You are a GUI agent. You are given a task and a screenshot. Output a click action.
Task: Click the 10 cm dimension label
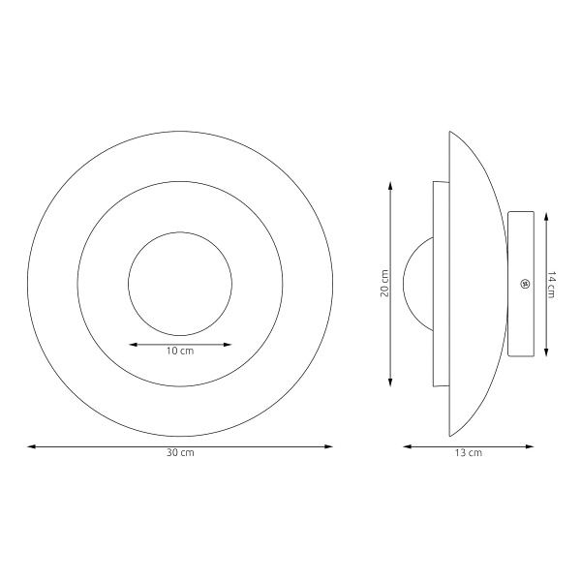click(180, 351)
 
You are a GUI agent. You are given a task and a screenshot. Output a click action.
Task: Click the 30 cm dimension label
click(180, 452)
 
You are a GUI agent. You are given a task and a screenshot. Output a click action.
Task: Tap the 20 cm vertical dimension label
click(384, 284)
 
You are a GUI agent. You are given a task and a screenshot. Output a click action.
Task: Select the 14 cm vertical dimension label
click(551, 285)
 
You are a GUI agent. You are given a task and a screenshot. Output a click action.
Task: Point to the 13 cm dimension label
click(469, 452)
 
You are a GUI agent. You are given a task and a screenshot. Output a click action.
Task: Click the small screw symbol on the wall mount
click(525, 284)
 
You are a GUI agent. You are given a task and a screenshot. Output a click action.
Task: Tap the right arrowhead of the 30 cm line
click(328, 446)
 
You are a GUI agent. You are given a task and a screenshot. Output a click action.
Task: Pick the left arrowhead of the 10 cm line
click(133, 345)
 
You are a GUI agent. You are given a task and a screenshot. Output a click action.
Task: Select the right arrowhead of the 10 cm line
click(228, 345)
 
